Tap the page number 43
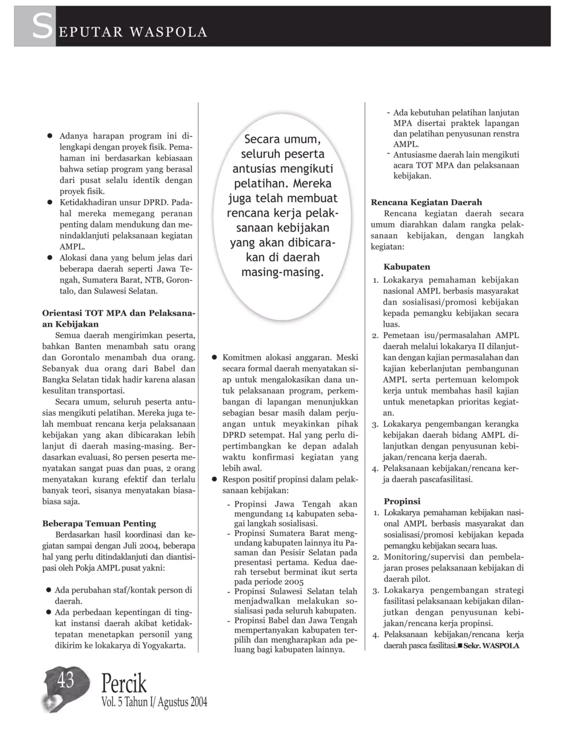coord(66,680)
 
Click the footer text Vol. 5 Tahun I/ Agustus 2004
coord(154,702)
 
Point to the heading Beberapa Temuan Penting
coord(99,524)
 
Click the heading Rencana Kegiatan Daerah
coord(426,202)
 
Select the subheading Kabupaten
coord(407,267)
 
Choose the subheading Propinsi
coord(402,501)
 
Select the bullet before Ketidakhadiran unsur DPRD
coord(49,203)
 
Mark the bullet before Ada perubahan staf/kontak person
coord(48,590)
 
